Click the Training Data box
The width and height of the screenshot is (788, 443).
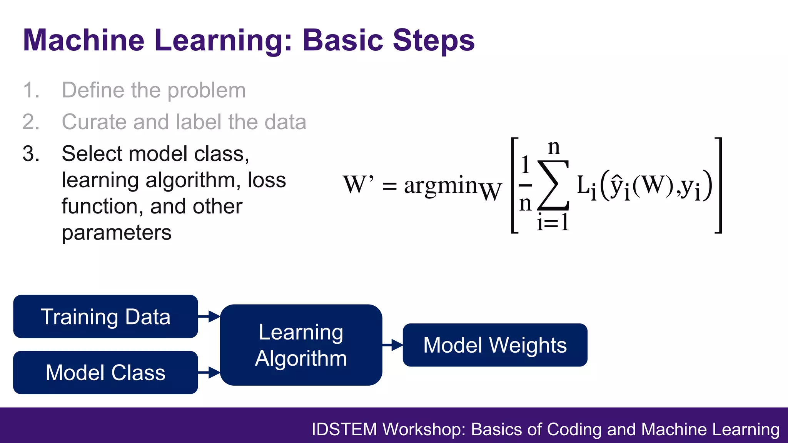click(x=105, y=316)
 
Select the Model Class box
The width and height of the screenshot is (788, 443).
click(x=105, y=372)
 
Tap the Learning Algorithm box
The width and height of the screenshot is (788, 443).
click(x=301, y=345)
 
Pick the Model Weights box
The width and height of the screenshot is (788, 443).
click(x=495, y=345)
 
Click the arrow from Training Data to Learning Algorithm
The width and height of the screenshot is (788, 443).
click(x=209, y=316)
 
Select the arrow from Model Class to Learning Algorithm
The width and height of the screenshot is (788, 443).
click(x=209, y=372)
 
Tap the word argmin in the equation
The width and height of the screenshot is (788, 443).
click(x=441, y=185)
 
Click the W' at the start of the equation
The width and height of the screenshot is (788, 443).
click(x=358, y=185)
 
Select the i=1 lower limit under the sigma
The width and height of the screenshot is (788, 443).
click(x=553, y=222)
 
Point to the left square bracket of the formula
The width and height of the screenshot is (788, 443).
click(x=514, y=185)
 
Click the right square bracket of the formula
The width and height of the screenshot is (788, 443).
click(x=718, y=185)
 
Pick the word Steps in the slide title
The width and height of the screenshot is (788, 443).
click(x=434, y=40)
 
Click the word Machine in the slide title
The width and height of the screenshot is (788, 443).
click(x=83, y=40)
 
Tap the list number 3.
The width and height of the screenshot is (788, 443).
click(x=31, y=154)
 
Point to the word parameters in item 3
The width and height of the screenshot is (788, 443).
click(x=117, y=233)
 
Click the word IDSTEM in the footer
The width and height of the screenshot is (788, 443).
click(x=344, y=429)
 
